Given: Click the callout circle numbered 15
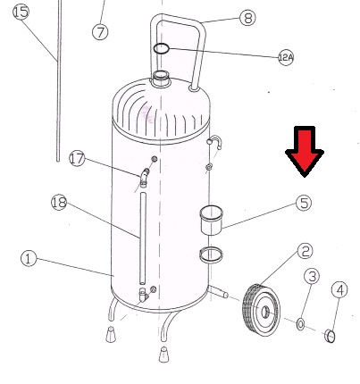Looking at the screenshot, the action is coord(21,13).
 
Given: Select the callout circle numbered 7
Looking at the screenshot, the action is coord(100,32).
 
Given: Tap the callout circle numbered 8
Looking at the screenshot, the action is coord(247,18).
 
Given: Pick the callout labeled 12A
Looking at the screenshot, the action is coord(286,57).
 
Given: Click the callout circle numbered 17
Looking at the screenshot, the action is coord(77,159).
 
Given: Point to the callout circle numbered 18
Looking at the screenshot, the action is coord(59,203).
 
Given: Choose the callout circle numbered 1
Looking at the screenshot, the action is coord(29,258).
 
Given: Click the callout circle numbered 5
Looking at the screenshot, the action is coord(304,203).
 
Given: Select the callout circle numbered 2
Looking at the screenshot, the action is coord(306,251).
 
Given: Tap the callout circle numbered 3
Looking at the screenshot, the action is coord(312,276).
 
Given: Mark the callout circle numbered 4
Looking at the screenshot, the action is coord(339,289).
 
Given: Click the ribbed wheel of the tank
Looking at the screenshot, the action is coord(262,311).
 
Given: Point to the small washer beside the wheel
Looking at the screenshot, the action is coord(300,324).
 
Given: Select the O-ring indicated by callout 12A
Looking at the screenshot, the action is coord(161,48).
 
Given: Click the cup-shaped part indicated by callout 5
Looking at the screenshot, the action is coord(212,220).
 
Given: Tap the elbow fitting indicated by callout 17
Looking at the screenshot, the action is coord(144,178).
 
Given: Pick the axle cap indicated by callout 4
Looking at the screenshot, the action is coord(330,336).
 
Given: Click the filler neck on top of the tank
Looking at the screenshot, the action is coord(161,79).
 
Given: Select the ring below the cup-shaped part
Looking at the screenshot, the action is coord(211,255).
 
